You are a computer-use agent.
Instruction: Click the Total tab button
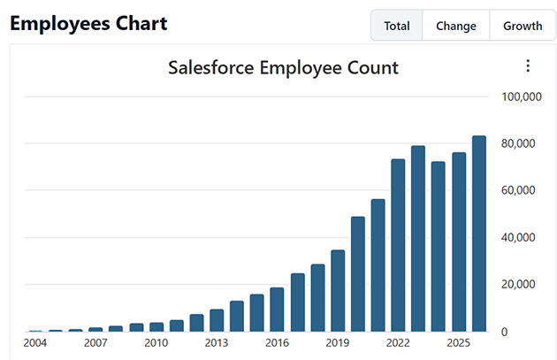(x=397, y=26)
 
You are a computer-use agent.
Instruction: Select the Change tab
(x=456, y=26)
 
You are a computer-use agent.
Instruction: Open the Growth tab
(x=523, y=26)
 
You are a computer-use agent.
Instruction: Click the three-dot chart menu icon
(x=528, y=66)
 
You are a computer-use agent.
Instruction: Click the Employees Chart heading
(x=88, y=24)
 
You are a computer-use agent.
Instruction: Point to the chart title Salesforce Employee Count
(x=283, y=67)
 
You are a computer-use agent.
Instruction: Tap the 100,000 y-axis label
(x=521, y=96)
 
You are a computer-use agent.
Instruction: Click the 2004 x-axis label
(x=35, y=343)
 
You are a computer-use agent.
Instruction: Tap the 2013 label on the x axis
(x=217, y=343)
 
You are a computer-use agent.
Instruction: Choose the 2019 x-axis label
(x=338, y=343)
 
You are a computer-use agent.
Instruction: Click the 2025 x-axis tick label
(x=458, y=343)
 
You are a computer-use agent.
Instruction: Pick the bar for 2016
(x=277, y=309)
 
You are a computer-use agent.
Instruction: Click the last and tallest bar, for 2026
(x=479, y=234)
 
